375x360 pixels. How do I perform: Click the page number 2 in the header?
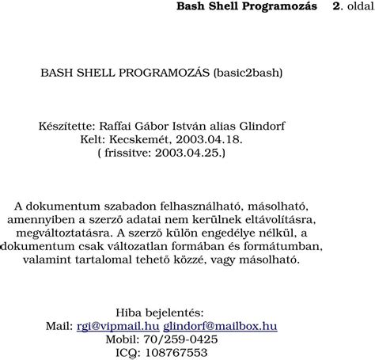pos(338,6)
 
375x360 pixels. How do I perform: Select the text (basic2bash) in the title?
pos(247,72)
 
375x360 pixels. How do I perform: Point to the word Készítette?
pos(67,125)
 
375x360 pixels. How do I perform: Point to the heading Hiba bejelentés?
pos(160,312)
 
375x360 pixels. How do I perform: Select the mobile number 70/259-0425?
pos(181,339)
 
